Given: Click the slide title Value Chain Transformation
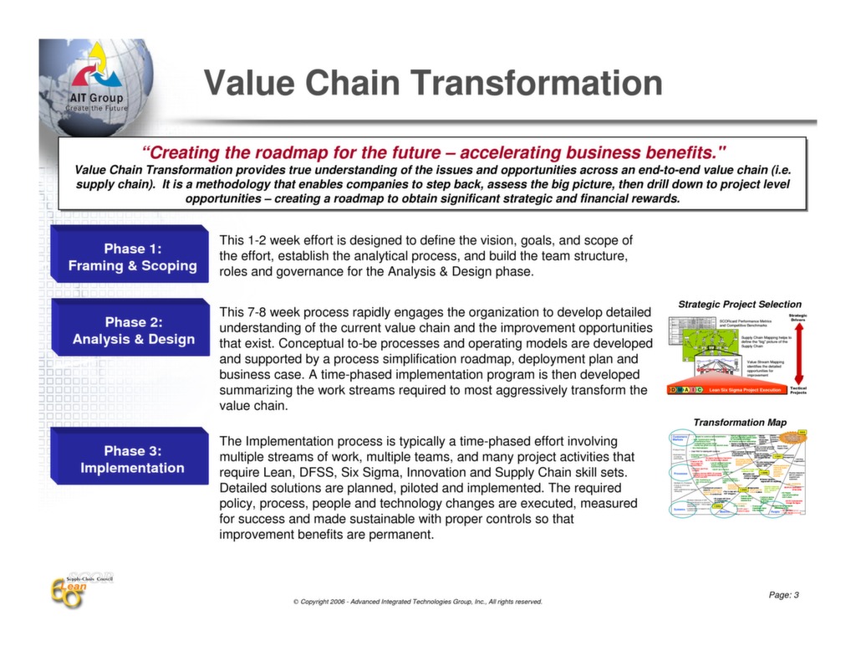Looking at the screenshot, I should pyautogui.click(x=433, y=84).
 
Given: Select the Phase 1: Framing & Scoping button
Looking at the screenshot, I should pyautogui.click(x=132, y=258).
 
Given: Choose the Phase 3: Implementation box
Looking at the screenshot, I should pyautogui.click(x=132, y=459).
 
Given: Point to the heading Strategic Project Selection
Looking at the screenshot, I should pyautogui.click(x=739, y=305).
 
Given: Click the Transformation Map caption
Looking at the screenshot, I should pyautogui.click(x=739, y=423).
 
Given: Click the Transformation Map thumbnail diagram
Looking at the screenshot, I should pyautogui.click(x=738, y=474).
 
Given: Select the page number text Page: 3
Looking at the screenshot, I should pyautogui.click(x=783, y=595).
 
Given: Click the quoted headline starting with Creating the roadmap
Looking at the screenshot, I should pyautogui.click(x=433, y=153).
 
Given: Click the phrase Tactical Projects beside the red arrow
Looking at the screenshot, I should pyautogui.click(x=798, y=390).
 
